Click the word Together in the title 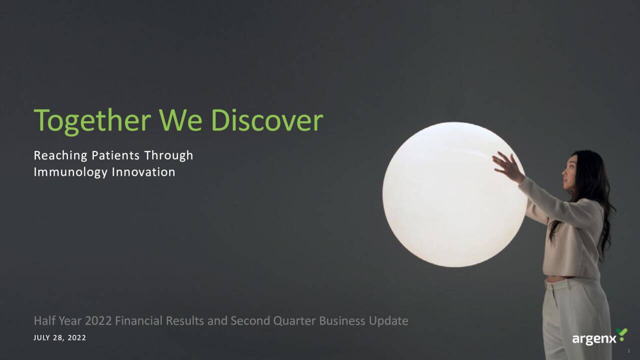coord(92,121)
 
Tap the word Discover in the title coord(266,121)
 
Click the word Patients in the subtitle coord(115,155)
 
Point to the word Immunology coord(70,172)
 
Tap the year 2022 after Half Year coord(98,321)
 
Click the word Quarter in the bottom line coord(294,321)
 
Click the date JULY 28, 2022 coord(59,338)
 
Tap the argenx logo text coord(594,339)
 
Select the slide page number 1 coord(629,351)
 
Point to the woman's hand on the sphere coord(507,167)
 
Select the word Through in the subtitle coord(168,155)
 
